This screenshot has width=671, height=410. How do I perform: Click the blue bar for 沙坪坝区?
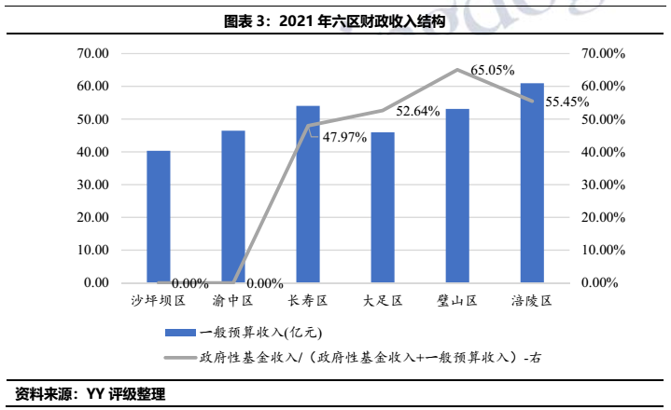click(159, 216)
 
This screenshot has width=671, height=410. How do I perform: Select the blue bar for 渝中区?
click(233, 206)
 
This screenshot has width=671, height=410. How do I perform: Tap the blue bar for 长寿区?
click(308, 194)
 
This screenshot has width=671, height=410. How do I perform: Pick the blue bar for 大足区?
click(383, 207)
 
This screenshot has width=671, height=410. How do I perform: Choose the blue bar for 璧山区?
click(457, 196)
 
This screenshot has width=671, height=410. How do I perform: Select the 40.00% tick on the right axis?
click(602, 152)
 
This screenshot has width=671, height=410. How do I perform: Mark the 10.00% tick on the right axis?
click(602, 250)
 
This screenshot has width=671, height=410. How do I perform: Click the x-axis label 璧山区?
click(457, 302)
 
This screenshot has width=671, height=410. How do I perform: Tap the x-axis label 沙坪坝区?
click(159, 302)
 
